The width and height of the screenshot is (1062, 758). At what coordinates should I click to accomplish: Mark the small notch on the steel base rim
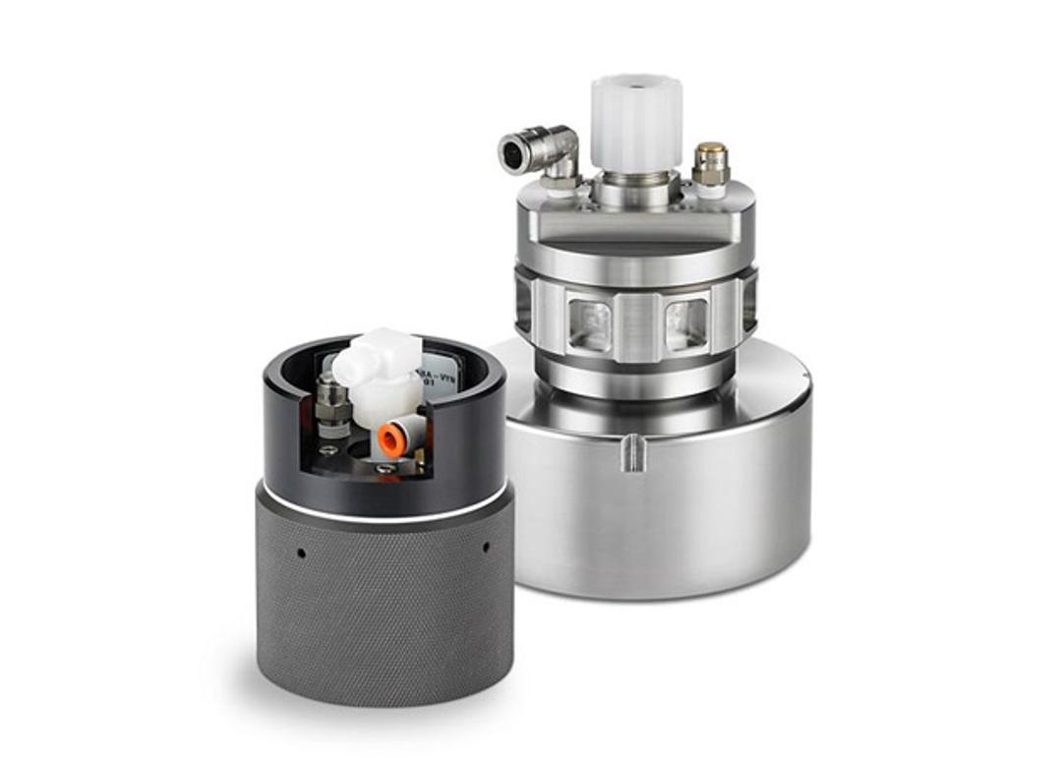pyautogui.click(x=635, y=451)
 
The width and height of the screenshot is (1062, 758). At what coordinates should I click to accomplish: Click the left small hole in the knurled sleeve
pyautogui.click(x=301, y=553)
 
